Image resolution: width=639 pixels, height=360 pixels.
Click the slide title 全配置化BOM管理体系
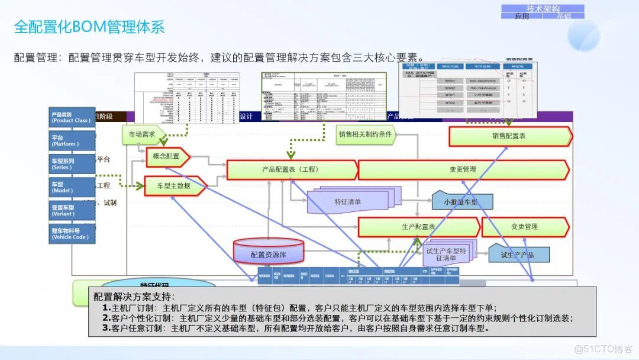[89, 27]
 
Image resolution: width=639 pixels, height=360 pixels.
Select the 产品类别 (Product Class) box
[72, 117]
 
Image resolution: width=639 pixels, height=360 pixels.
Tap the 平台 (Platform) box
[72, 140]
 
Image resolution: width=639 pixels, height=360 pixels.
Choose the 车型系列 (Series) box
[72, 163]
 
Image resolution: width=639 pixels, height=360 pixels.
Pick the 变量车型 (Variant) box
[72, 211]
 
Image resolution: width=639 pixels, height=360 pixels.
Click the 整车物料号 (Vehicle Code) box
[72, 233]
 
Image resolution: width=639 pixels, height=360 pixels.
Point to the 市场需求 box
[142, 134]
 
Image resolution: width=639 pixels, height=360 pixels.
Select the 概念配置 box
[167, 156]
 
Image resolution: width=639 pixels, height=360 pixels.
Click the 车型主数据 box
[174, 185]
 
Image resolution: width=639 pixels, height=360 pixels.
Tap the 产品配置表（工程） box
[291, 169]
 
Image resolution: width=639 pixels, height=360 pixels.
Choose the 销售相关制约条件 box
[365, 134]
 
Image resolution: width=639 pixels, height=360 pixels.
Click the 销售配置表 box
[509, 136]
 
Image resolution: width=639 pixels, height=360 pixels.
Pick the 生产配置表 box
[417, 227]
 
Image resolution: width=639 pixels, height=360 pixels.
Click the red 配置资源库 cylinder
[269, 252]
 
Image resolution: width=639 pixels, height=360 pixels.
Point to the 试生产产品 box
[518, 255]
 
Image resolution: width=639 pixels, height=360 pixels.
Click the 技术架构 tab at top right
[542, 8]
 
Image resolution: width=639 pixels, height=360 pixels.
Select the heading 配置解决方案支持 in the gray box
[134, 296]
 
